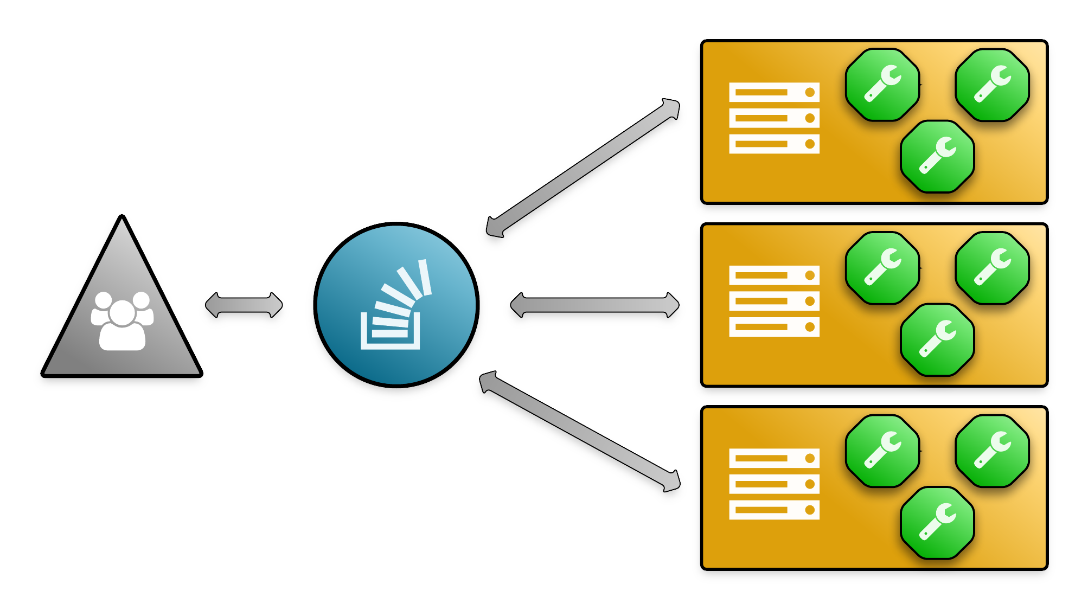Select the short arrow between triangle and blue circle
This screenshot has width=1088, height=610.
tap(244, 305)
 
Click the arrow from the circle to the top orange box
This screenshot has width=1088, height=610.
tap(583, 168)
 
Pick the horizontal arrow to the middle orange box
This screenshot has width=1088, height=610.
tap(594, 305)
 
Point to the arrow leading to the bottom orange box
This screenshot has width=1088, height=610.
tap(580, 432)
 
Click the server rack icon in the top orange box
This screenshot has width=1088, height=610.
tap(774, 118)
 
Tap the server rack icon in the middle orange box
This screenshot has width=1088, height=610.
tap(774, 301)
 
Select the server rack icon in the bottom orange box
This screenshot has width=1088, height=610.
tap(774, 484)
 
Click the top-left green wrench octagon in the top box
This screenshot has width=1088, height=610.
tap(882, 85)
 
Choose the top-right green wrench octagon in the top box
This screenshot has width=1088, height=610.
tap(992, 85)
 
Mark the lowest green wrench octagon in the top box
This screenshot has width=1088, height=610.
tap(937, 156)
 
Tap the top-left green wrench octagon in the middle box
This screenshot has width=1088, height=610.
tap(882, 268)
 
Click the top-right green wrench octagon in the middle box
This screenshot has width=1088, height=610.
tap(992, 268)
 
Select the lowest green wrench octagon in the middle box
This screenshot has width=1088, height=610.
tap(937, 339)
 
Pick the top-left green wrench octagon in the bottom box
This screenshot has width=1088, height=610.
tap(882, 451)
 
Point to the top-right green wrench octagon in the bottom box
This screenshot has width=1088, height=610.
tap(992, 451)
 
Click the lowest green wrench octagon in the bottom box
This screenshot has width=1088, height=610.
tap(937, 522)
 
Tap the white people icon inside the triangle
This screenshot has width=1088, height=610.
tap(122, 321)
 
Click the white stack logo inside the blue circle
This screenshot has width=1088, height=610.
tap(395, 306)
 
